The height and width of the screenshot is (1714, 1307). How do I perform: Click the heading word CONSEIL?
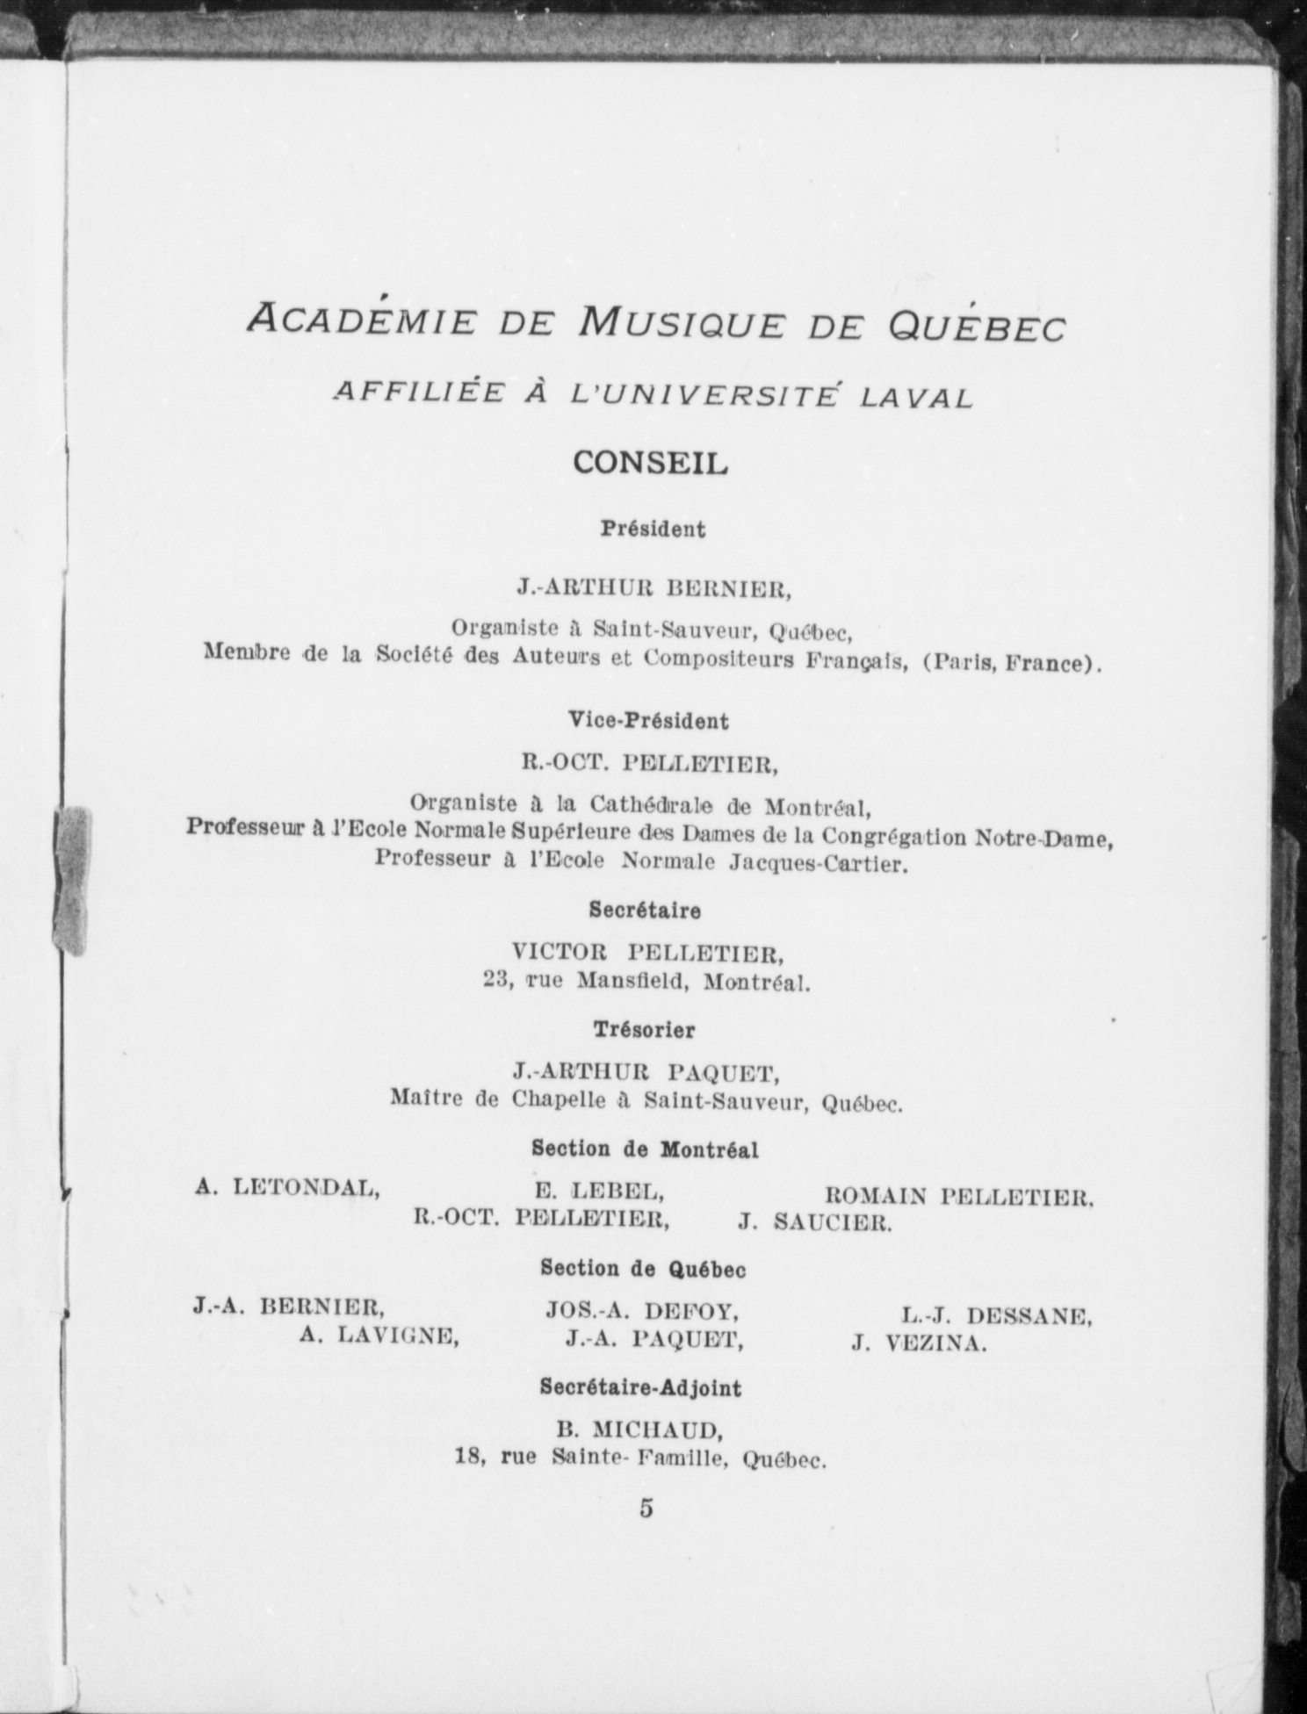coord(650,463)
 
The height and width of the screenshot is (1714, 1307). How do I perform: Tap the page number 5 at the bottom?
coord(646,1508)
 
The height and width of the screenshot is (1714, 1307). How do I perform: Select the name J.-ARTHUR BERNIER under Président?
coord(653,589)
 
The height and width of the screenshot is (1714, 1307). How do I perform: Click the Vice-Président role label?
coord(648,721)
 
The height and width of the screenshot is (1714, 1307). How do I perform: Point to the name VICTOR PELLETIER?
coord(647,952)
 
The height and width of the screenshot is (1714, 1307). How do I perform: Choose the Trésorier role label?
coord(644,1029)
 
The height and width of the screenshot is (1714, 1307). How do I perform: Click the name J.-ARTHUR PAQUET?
coord(646,1072)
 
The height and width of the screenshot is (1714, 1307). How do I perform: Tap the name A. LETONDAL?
coord(287,1189)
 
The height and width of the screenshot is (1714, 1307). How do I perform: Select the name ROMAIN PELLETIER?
coord(959,1195)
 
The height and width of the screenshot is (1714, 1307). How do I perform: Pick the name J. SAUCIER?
coord(815,1221)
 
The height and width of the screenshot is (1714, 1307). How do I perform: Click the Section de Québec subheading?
coord(644,1268)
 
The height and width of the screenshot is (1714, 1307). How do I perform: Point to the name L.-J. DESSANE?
coord(996,1316)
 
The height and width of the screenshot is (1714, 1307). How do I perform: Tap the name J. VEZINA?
coord(919,1343)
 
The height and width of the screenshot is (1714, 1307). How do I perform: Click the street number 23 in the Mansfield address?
coord(499,980)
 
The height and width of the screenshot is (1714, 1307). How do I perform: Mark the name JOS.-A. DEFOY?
coord(642,1312)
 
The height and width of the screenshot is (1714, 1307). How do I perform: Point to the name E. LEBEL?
coord(598,1192)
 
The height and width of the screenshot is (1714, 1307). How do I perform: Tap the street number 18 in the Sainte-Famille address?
coord(470,1457)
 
